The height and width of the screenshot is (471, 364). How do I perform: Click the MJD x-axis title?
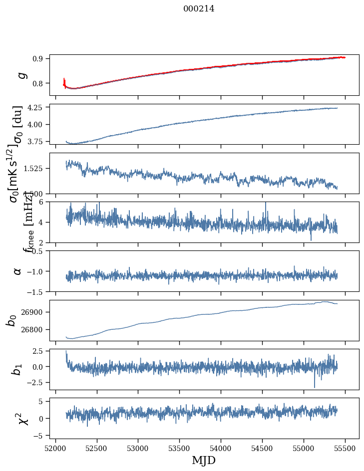pyautogui.click(x=204, y=460)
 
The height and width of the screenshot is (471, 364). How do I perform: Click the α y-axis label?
pyautogui.click(x=18, y=271)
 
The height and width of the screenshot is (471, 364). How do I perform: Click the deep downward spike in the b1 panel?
pyautogui.click(x=315, y=387)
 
